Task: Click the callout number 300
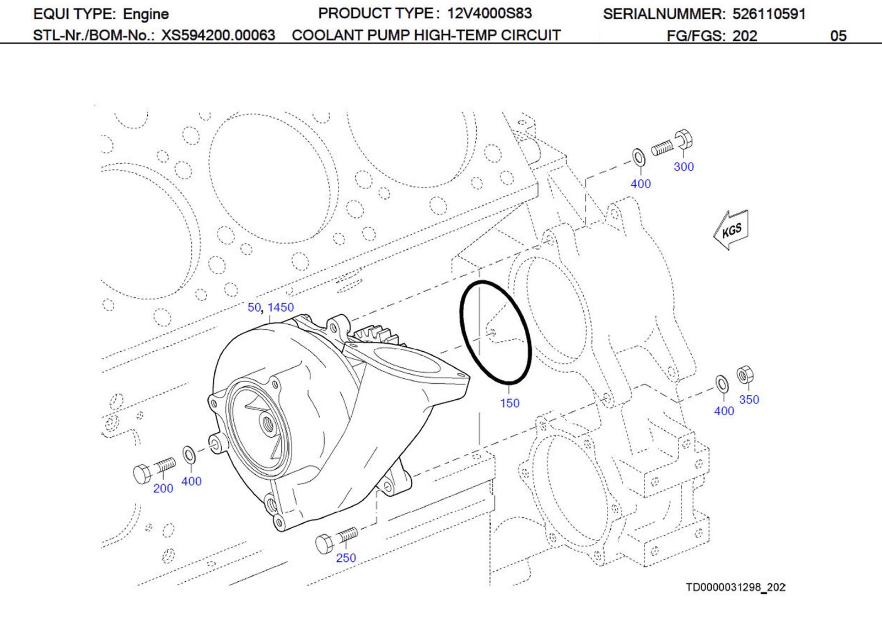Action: tap(684, 167)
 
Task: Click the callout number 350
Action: tap(749, 399)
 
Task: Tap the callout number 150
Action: tap(509, 403)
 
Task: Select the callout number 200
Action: tap(163, 488)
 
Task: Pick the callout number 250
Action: tap(346, 557)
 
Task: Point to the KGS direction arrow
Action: tap(731, 230)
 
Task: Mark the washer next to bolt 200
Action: tap(189, 456)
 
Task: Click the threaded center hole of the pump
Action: tap(268, 424)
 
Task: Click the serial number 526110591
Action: tap(769, 14)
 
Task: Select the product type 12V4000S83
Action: tap(489, 13)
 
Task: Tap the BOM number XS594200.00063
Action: tap(218, 36)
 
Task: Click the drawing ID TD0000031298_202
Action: tap(735, 587)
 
